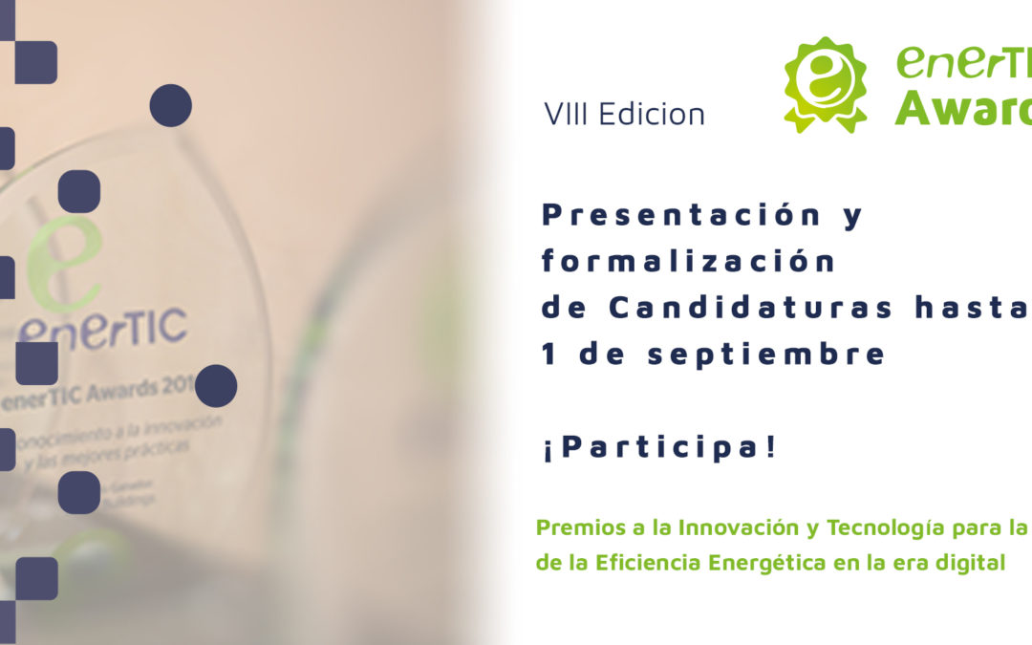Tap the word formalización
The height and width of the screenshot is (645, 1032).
688,261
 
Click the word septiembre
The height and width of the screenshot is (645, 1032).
766,355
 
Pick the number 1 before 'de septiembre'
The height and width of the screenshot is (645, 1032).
548,355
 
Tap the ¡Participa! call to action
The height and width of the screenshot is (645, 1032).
659,446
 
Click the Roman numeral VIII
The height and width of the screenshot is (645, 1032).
567,115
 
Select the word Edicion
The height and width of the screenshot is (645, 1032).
652,115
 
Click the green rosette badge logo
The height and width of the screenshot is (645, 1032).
826,84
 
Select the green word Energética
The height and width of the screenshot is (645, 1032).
768,563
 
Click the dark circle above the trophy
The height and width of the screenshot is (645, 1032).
171,105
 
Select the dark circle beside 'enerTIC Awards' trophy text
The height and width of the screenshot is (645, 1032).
216,385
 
